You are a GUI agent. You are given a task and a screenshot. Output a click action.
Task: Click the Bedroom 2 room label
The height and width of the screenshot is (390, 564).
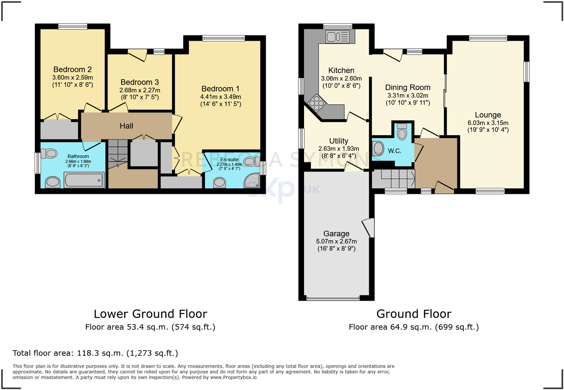pyautogui.click(x=72, y=69)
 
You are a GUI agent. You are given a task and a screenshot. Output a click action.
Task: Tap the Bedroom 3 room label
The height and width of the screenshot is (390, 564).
pyautogui.click(x=140, y=82)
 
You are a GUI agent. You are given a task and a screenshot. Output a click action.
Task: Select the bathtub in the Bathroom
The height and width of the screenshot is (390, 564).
pyautogui.click(x=84, y=180)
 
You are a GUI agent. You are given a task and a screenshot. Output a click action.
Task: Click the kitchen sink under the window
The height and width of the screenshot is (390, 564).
pyautogui.click(x=337, y=37)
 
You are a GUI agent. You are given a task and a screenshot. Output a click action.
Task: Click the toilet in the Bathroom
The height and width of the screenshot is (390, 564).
pyautogui.click(x=49, y=154)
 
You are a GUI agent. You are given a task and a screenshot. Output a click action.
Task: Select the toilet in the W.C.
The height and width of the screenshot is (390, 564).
pyautogui.click(x=402, y=132)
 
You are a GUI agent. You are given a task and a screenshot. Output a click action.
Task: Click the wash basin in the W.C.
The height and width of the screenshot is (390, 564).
pyautogui.click(x=378, y=148)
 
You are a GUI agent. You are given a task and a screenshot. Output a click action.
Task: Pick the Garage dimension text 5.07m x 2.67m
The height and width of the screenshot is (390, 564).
pyautogui.click(x=336, y=241)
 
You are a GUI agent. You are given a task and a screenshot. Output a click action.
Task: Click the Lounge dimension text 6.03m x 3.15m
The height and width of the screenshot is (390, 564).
pyautogui.click(x=488, y=123)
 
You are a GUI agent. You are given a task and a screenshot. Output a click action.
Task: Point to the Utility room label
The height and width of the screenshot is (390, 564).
pyautogui.click(x=338, y=141)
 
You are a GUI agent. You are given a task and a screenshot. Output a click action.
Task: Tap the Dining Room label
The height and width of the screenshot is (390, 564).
pyautogui.click(x=407, y=87)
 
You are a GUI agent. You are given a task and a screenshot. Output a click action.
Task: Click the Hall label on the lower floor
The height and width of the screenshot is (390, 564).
pyautogui.click(x=126, y=126)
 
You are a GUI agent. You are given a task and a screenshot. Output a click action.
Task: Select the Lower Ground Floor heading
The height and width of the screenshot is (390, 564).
pyautogui.click(x=150, y=314)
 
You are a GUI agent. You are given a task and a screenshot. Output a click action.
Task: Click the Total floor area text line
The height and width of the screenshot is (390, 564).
pyautogui.click(x=95, y=353)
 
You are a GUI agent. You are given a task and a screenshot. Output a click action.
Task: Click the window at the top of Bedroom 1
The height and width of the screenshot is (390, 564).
pyautogui.click(x=223, y=38)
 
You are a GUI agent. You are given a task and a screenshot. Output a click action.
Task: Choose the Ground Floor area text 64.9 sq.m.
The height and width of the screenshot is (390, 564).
pyautogui.click(x=414, y=327)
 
